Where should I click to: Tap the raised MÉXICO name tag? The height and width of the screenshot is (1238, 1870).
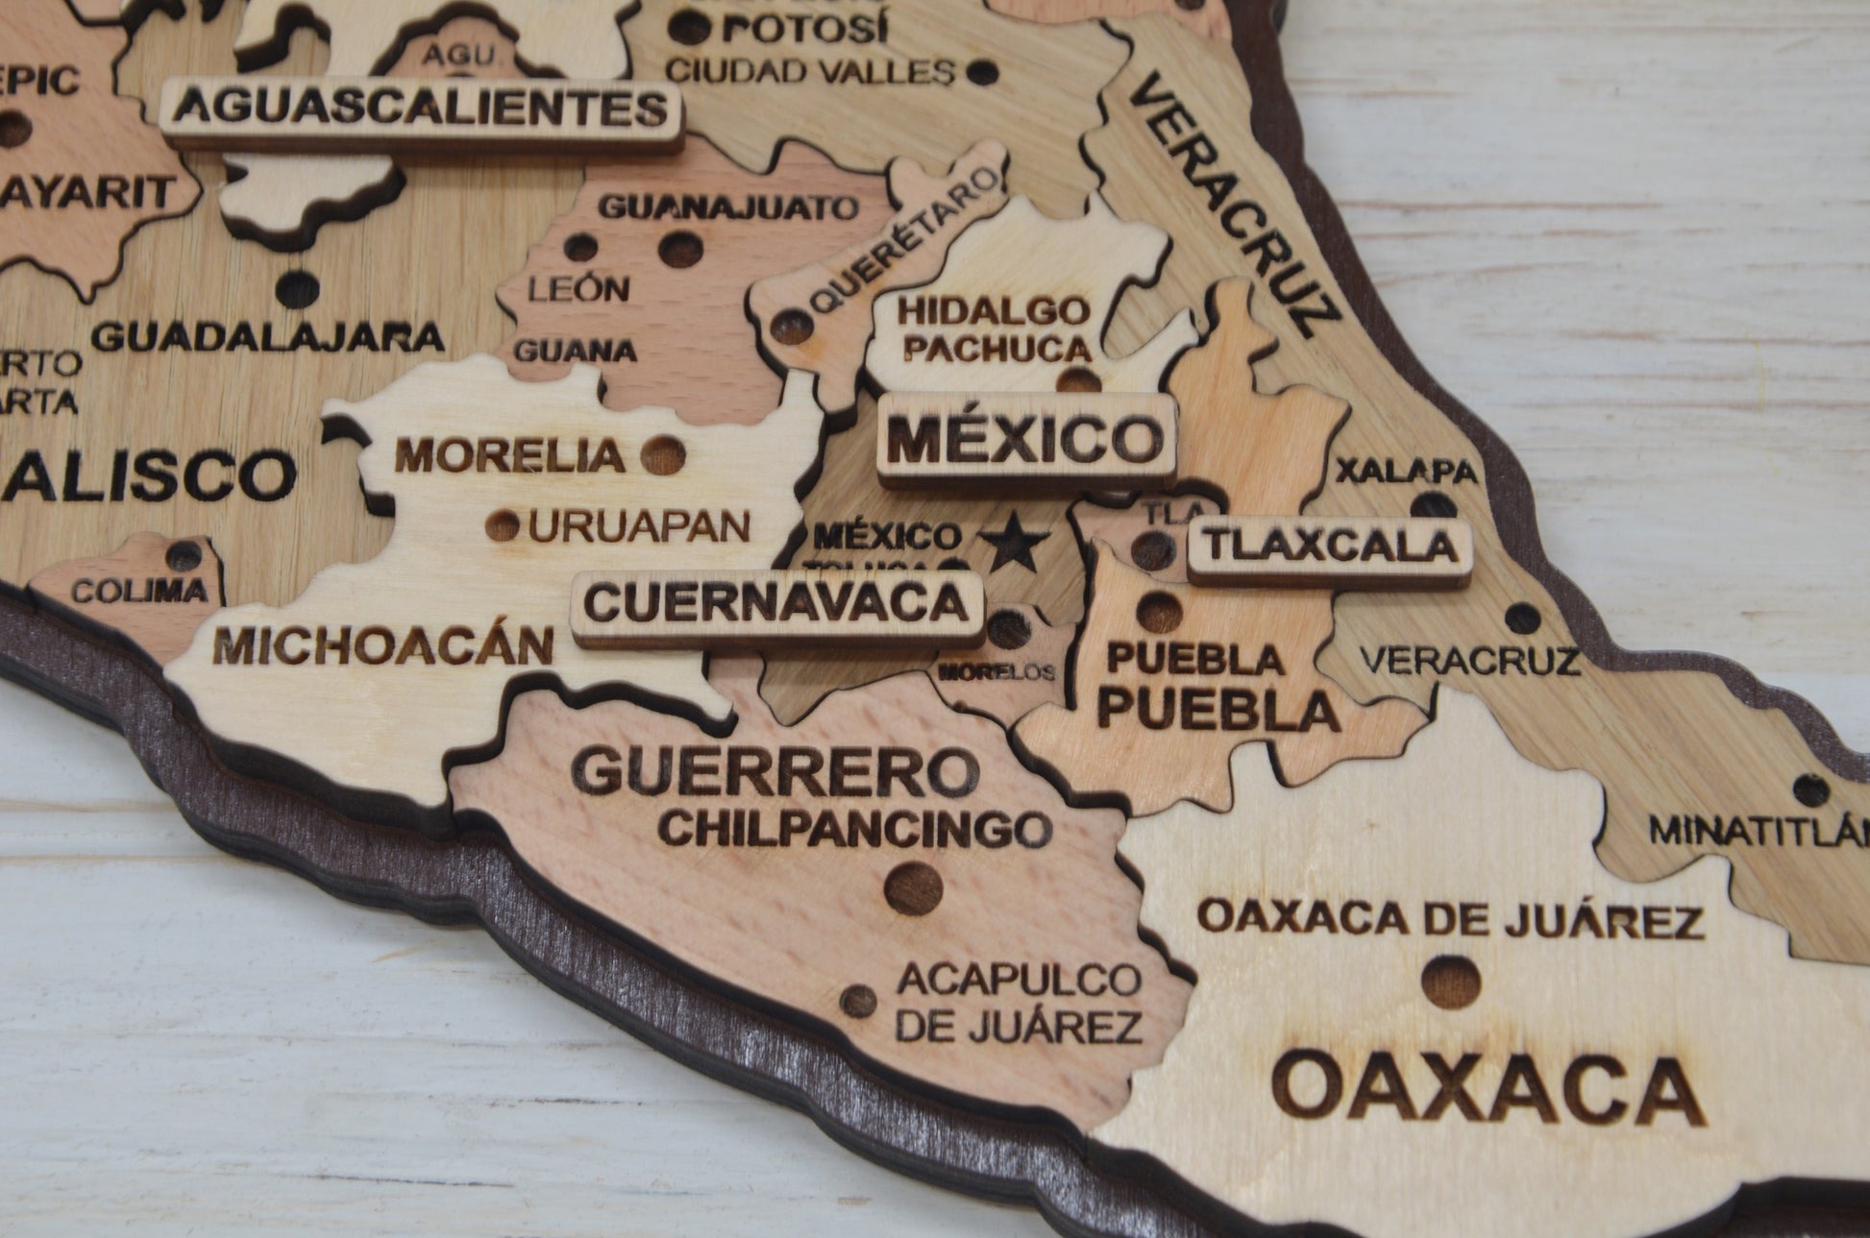click(x=1025, y=439)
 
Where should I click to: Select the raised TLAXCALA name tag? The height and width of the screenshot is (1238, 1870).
click(x=1330, y=547)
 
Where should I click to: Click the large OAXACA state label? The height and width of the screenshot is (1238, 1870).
click(x=1485, y=1090)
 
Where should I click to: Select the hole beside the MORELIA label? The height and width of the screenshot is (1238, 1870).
click(x=663, y=452)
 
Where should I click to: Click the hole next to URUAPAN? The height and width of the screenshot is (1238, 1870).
click(x=502, y=524)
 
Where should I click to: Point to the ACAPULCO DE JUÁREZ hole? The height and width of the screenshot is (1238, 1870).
click(x=858, y=1001)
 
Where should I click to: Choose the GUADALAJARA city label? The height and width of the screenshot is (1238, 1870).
click(x=268, y=337)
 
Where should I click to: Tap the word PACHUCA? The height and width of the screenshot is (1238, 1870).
click(x=997, y=349)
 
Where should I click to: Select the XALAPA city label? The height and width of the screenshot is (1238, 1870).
click(x=1406, y=472)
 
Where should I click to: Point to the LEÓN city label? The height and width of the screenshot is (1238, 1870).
click(x=578, y=288)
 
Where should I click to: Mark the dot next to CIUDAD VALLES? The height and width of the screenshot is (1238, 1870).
click(x=980, y=71)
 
